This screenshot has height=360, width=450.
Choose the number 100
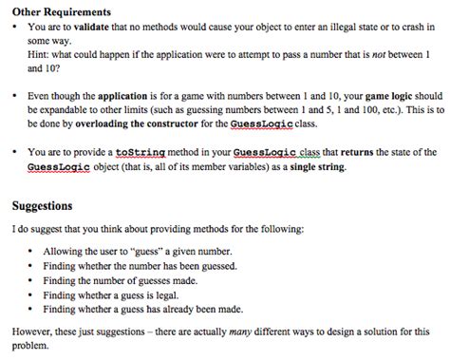(x=352, y=111)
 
